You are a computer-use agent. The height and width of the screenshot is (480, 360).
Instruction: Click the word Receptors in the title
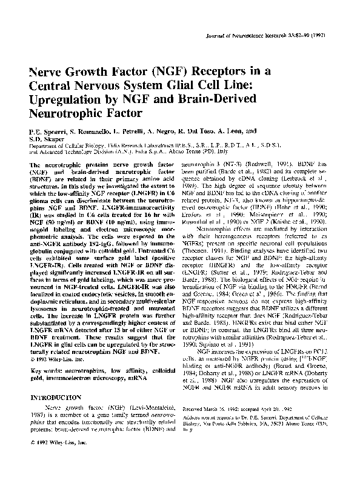point(200,70)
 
